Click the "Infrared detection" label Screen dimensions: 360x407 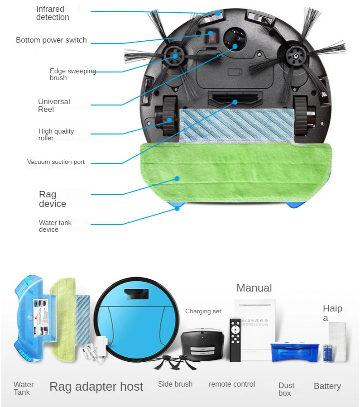click(53, 13)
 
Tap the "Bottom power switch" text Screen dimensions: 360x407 click(51, 40)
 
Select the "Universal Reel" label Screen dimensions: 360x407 click(54, 105)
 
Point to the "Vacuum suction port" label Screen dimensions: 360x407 click(56, 162)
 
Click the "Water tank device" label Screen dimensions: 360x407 click(55, 226)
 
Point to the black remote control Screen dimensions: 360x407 click(235, 340)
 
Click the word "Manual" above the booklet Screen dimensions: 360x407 click(254, 288)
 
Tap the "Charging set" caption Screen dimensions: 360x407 click(203, 311)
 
